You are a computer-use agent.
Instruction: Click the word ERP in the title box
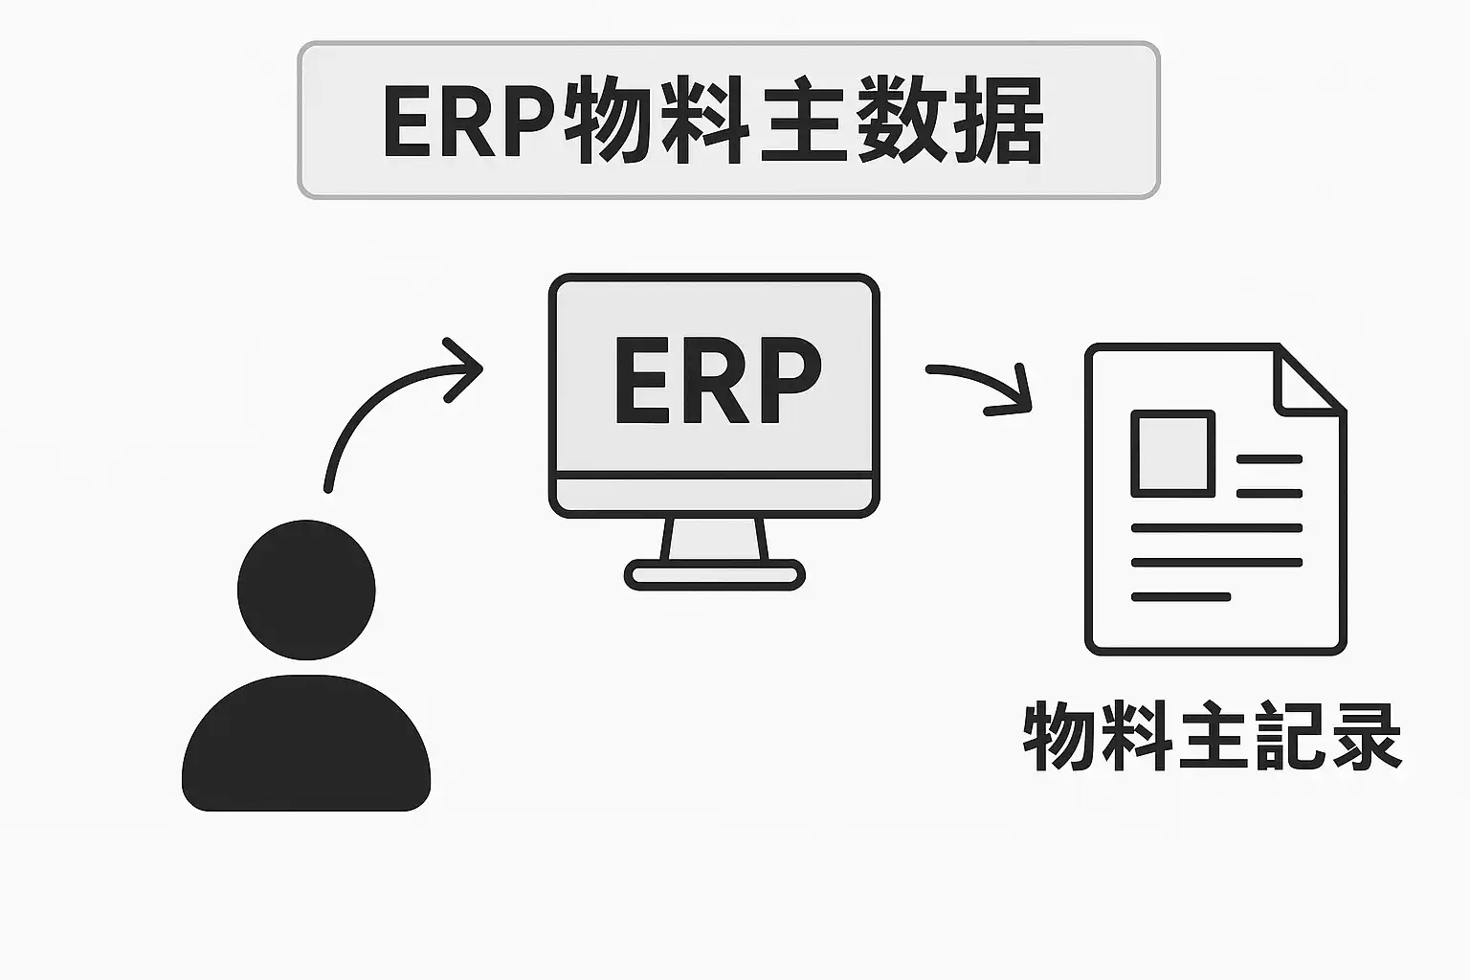pos(469,122)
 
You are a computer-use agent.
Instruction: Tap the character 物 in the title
pos(607,122)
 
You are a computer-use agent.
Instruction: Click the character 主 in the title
pos(802,122)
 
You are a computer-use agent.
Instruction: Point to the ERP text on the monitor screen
pos(716,380)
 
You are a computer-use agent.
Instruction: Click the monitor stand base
pos(714,575)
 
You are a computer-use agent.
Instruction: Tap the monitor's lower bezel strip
pos(714,495)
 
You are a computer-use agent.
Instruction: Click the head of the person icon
pos(306,590)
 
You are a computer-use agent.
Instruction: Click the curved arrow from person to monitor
pos(383,402)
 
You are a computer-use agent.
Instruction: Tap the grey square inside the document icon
pos(1172,454)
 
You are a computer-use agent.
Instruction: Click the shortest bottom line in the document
pos(1180,597)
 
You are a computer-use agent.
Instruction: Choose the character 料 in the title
pos(703,122)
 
